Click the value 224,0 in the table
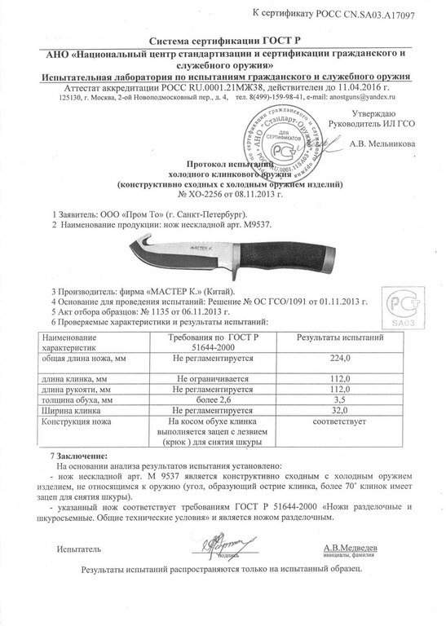pos(338,358)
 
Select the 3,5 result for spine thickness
pos(338,400)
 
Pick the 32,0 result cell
pos(338,411)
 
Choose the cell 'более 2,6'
pos(214,400)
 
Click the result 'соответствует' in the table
pos(338,422)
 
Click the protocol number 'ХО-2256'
pos(204,196)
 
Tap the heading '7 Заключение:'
pos(78,452)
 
